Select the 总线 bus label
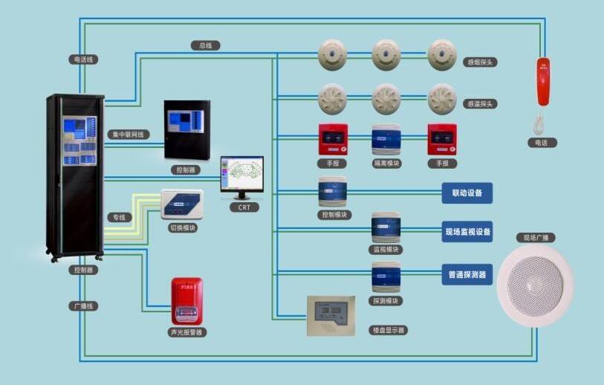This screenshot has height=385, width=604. pos(205,45)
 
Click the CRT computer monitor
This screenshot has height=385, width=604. pos(241,175)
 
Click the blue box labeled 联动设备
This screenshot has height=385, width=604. pos(467,193)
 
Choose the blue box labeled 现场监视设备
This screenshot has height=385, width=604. pos(467,232)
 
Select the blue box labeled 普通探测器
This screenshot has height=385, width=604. pos(467,274)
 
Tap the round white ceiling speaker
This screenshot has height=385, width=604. pos(535,286)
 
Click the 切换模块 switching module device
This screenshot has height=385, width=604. pos(182,204)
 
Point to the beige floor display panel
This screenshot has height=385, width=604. pos(331,316)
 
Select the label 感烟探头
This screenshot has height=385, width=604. pos(479,62)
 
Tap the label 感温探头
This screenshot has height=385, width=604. pos(479,104)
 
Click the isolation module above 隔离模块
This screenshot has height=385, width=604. pos(386,139)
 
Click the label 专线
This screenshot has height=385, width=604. pos(118,218)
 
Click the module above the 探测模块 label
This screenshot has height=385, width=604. pos(386,276)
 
